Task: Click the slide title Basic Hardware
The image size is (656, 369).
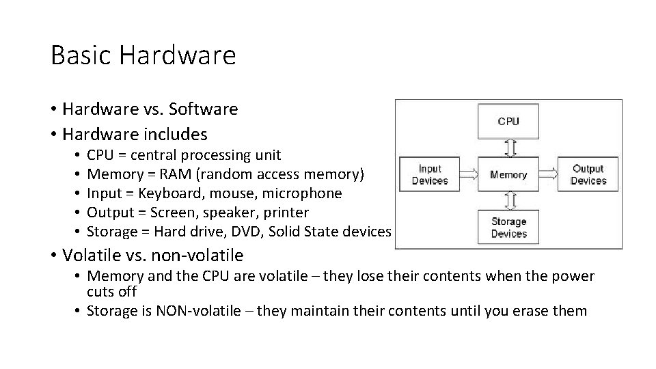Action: [x=143, y=55]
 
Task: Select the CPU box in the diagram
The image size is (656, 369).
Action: [x=508, y=121]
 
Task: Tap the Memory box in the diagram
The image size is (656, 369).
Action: [x=508, y=174]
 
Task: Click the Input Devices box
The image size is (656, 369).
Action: [x=430, y=174]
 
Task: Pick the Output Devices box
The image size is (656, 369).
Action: [x=588, y=174]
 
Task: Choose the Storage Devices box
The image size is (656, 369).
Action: [x=508, y=228]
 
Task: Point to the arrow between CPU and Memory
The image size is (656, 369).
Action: [x=508, y=148]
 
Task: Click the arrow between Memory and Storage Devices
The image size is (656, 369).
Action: [x=508, y=200]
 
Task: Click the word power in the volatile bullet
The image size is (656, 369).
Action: [x=571, y=276]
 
